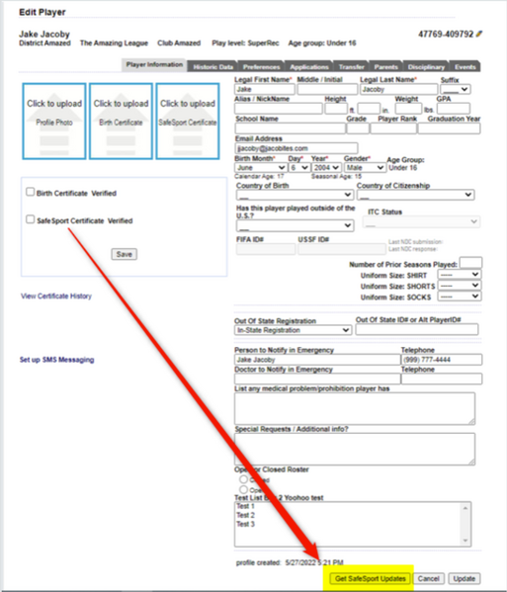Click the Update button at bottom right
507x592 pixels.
click(x=464, y=577)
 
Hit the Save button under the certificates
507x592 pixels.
click(x=124, y=254)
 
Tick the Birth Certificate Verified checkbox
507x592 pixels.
click(x=32, y=193)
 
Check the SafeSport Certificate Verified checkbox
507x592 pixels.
click(x=32, y=220)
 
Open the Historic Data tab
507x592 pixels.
click(x=214, y=65)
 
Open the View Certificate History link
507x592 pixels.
click(x=56, y=296)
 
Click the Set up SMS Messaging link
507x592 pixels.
click(x=56, y=360)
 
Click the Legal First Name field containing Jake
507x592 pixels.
click(x=264, y=89)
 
